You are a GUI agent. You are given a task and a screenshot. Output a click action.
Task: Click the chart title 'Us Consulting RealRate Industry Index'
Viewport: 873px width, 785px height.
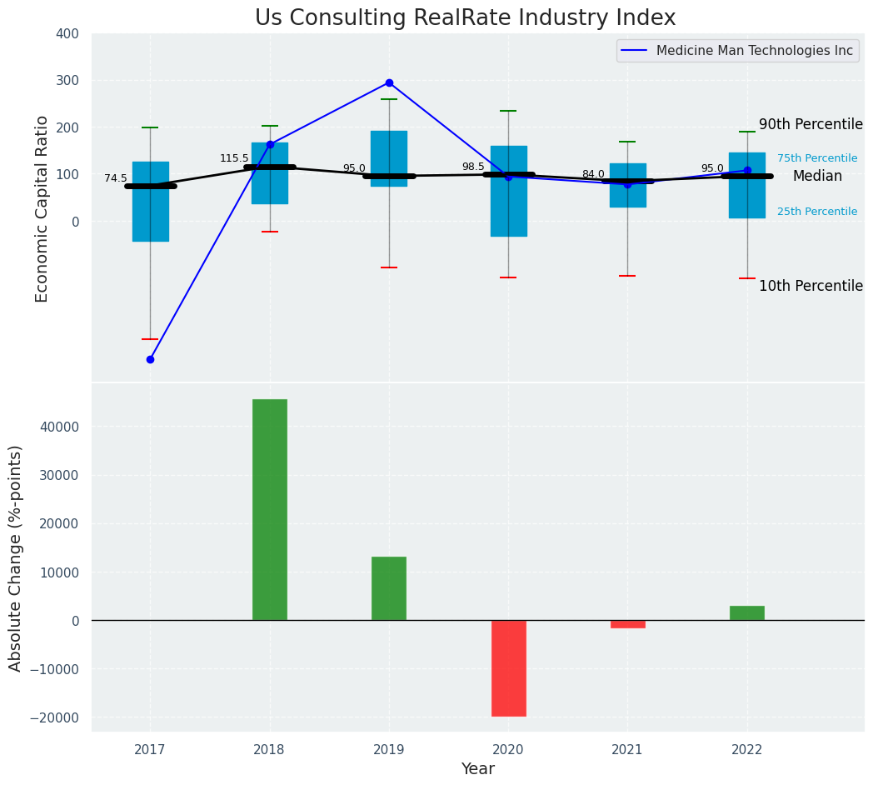[465, 18]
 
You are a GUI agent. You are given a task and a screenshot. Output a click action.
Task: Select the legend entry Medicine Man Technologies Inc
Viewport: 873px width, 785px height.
[754, 51]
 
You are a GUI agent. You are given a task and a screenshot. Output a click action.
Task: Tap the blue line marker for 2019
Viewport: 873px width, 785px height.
[389, 83]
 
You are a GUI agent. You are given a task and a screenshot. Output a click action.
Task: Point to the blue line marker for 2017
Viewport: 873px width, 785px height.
[150, 359]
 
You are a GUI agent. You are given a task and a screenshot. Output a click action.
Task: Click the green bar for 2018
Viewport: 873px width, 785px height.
[270, 509]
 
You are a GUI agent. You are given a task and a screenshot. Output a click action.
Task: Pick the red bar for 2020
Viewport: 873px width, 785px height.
[508, 667]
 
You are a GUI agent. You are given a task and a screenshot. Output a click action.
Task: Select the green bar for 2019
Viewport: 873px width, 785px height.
[389, 588]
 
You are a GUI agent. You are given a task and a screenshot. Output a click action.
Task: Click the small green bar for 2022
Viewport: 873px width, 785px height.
[747, 612]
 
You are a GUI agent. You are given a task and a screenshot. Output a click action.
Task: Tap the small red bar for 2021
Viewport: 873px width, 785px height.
[627, 624]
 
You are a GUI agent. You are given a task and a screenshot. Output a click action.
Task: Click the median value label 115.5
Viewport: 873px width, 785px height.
[234, 158]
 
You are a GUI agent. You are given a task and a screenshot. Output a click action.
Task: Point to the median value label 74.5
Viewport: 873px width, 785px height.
[116, 179]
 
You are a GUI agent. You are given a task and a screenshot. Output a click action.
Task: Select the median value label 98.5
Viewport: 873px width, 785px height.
[473, 167]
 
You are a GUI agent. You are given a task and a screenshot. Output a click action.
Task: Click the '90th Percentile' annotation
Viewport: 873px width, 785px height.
[811, 125]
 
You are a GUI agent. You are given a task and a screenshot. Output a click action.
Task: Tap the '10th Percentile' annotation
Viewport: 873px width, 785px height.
[811, 287]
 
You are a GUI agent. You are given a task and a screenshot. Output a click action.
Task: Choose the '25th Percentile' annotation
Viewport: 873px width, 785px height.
[816, 212]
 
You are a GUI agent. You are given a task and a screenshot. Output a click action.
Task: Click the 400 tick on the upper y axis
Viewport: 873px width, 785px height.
[67, 34]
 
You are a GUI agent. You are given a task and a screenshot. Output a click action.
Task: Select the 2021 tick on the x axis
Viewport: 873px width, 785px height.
[627, 750]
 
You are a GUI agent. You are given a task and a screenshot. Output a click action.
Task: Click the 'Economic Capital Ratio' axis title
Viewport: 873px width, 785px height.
[42, 208]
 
